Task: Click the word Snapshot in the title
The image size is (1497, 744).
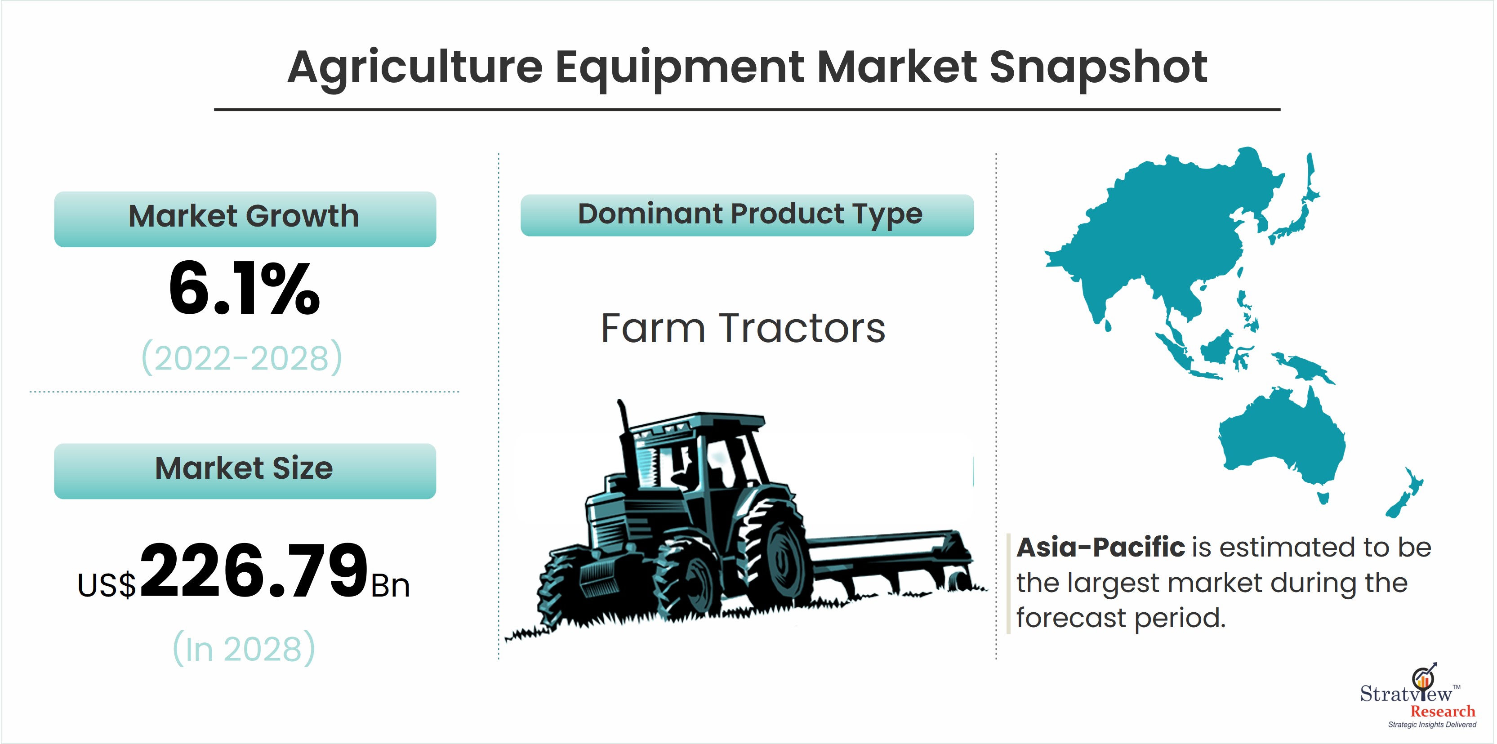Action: pyautogui.click(x=1098, y=67)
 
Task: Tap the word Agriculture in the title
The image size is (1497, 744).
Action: pyautogui.click(x=415, y=67)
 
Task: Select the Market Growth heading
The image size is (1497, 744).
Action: pyautogui.click(x=244, y=216)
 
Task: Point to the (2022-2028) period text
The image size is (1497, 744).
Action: pyautogui.click(x=242, y=358)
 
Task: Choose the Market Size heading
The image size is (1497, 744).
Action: pyautogui.click(x=244, y=468)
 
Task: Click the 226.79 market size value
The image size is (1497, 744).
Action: pyautogui.click(x=254, y=571)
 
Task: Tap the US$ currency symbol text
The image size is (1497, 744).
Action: pyautogui.click(x=107, y=585)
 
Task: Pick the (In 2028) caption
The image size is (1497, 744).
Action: pyautogui.click(x=244, y=649)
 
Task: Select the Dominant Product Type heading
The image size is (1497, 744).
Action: pyautogui.click(x=750, y=214)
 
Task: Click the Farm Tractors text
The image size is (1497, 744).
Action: pyautogui.click(x=743, y=329)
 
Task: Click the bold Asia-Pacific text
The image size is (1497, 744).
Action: pyautogui.click(x=1100, y=548)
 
